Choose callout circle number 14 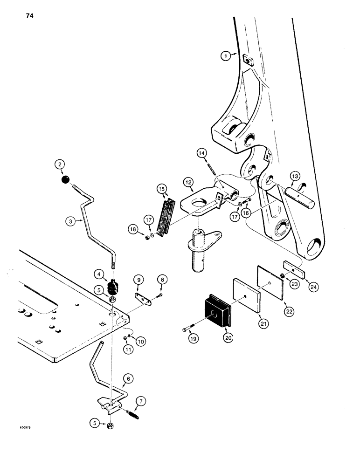pyautogui.click(x=201, y=152)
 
